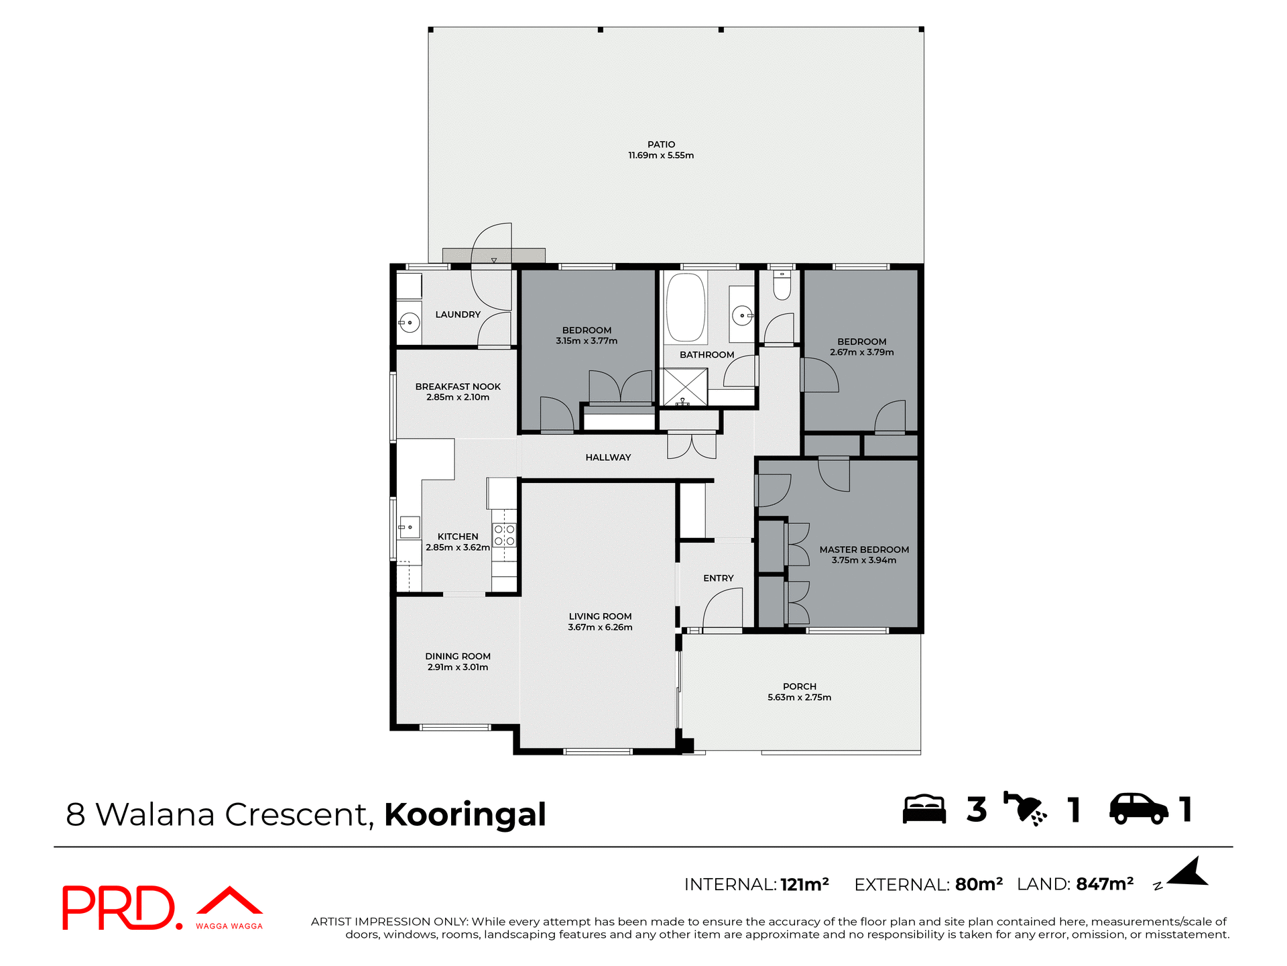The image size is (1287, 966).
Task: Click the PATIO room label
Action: point(661,144)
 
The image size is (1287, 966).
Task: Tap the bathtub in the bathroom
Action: point(685,308)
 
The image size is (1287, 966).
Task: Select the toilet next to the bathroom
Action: point(782,285)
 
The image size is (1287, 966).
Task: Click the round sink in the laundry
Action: point(409,323)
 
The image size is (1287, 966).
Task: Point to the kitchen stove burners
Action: point(504,535)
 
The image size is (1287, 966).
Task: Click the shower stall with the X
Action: point(684,387)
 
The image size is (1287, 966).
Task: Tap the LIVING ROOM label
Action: point(600,616)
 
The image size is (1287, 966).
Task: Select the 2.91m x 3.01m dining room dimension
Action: point(458,667)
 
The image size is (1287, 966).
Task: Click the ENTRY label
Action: point(718,578)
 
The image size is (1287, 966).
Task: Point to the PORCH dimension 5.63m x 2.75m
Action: point(799,697)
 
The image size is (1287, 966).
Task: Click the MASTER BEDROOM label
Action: point(864,549)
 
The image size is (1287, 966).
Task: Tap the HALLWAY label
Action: point(608,458)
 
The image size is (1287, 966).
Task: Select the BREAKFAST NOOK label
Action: point(458,386)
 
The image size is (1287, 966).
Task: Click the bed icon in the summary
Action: point(924,809)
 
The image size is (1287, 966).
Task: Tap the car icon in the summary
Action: point(1138,809)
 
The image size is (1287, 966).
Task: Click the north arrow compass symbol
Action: point(1187,873)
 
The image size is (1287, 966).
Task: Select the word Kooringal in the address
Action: point(465,814)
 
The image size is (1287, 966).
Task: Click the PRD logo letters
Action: point(119,908)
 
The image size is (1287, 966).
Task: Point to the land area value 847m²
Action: point(1104,884)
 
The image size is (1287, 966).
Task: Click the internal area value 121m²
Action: point(804,884)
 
